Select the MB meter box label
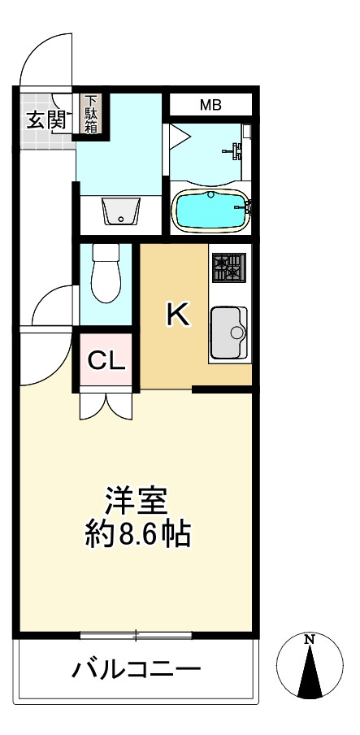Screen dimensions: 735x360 click(210, 105)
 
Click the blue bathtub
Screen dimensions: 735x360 click(210, 209)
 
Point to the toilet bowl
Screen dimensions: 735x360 click(106, 277)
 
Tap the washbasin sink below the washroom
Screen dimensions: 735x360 click(120, 212)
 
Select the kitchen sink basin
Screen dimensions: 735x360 click(230, 332)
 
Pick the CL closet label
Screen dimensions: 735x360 click(106, 359)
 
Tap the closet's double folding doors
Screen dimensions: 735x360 click(105, 404)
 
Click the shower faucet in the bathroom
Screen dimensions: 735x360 click(235, 150)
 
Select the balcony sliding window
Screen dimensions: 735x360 click(136, 633)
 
